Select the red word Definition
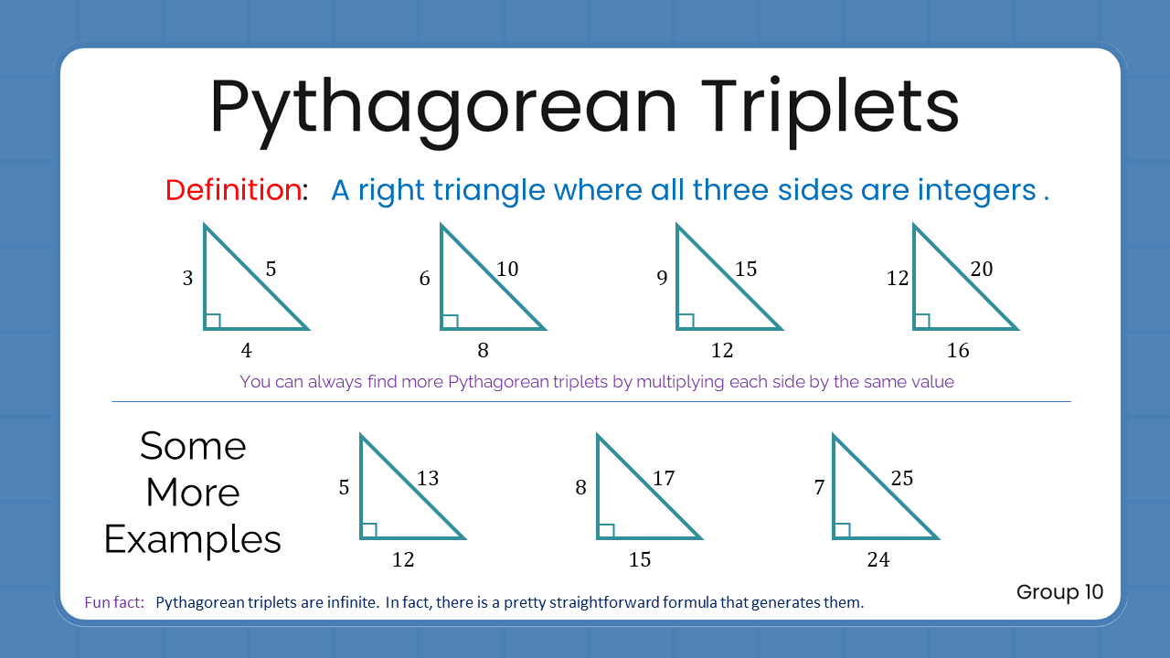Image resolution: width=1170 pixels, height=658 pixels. pos(233,190)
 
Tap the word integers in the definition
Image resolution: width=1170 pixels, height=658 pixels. pos(976,191)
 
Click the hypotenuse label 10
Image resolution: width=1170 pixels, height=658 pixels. pos(507,269)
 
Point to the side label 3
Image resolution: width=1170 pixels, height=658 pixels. pos(187,279)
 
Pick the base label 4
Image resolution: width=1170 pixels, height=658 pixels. pos(247,350)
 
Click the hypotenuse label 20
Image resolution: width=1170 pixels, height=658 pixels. pos(982,269)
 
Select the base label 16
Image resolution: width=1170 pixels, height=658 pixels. pos(958,350)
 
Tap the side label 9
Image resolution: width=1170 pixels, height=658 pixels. pos(662,279)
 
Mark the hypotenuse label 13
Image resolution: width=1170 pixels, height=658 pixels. pos(428,478)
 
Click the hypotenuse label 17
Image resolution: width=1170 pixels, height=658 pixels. pos(664,478)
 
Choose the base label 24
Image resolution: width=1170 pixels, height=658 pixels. pos(877,559)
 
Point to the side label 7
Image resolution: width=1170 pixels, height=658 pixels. pos(819,488)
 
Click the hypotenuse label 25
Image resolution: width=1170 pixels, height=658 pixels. pos(901,478)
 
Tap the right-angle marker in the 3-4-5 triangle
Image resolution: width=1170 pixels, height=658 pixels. pos(212,321)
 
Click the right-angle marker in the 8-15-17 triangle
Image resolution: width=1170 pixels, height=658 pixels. pos(605,530)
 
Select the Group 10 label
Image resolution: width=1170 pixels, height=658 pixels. pos(1059,592)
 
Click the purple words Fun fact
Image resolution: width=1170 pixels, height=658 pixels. pos(114,602)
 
